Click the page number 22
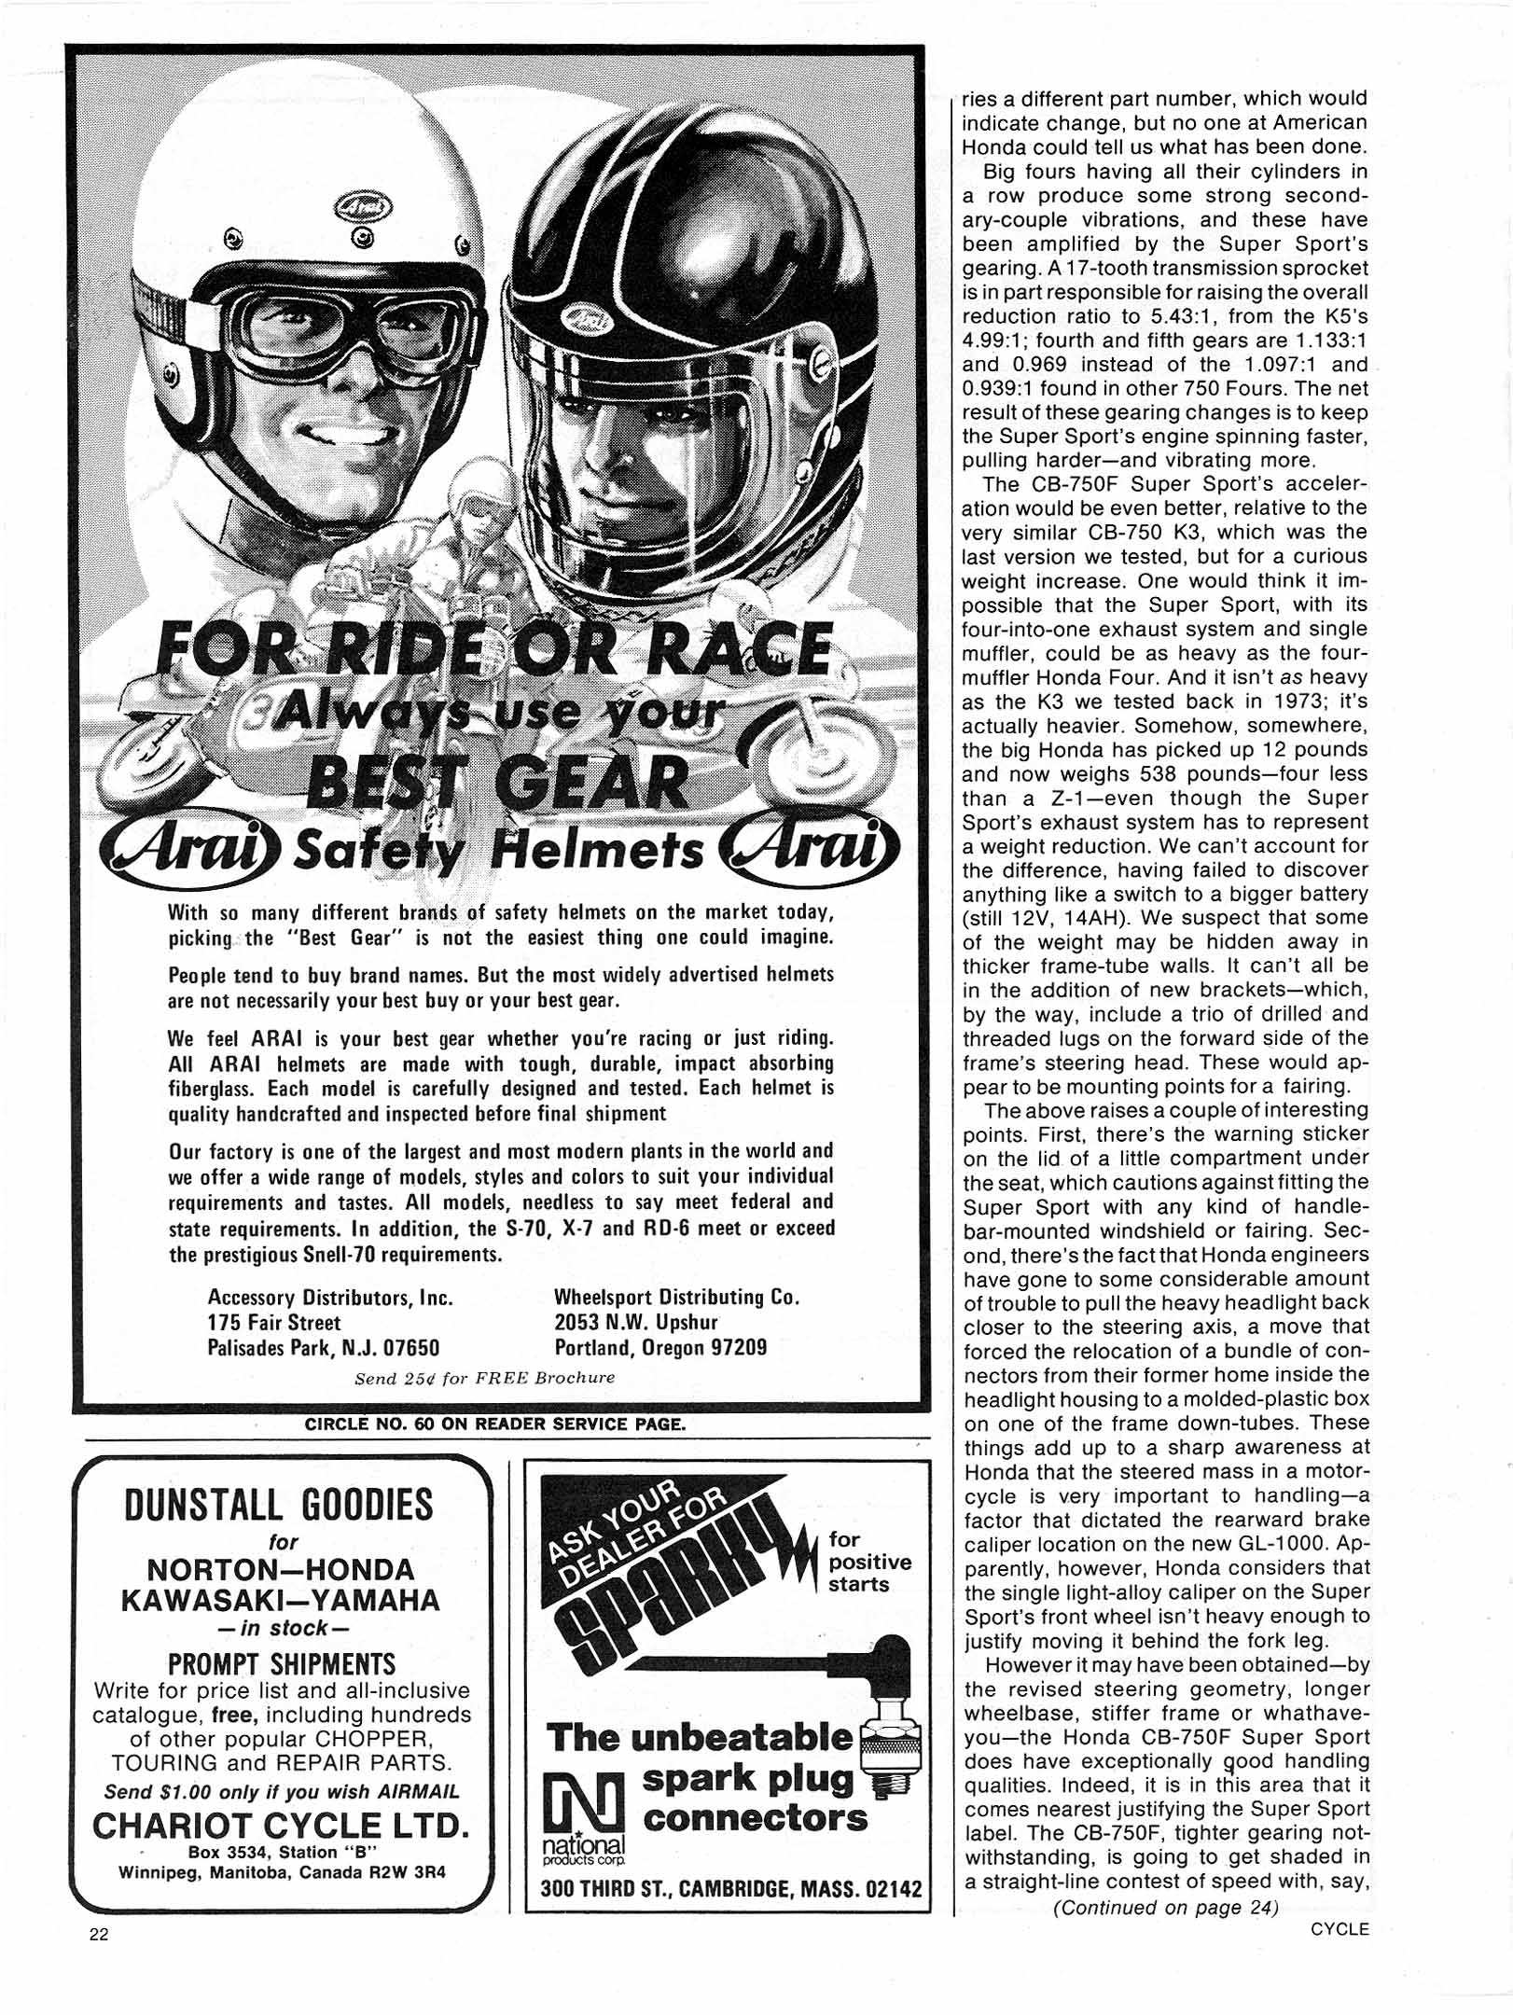99,1934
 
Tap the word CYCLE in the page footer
1339,1929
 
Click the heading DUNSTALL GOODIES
279,1505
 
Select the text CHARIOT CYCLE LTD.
280,1825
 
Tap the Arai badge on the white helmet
361,206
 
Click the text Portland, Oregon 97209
660,1348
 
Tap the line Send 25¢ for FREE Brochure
484,1378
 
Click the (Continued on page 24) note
1165,1907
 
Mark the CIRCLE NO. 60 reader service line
494,1424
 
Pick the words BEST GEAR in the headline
496,782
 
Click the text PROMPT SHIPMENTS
282,1664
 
